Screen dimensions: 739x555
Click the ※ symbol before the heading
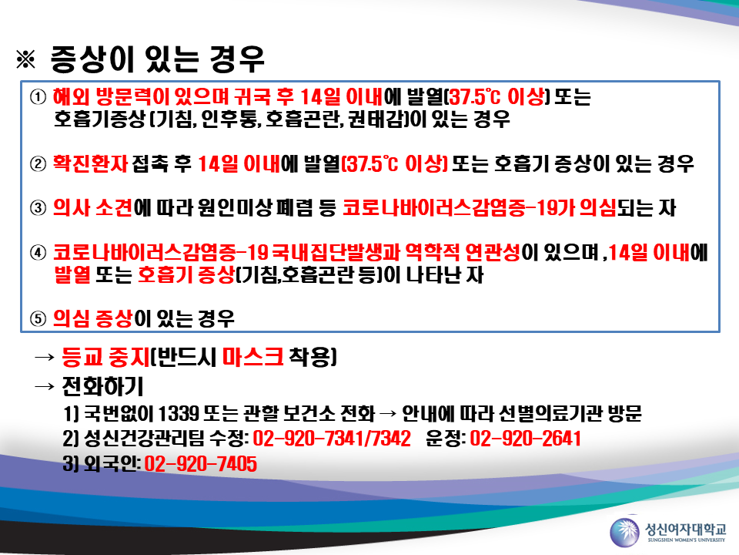[25, 59]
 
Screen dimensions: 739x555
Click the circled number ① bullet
[38, 97]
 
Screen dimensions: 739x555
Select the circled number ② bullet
[38, 163]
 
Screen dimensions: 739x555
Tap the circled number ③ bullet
[38, 207]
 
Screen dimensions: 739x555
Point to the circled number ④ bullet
[38, 253]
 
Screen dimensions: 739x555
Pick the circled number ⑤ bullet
[38, 318]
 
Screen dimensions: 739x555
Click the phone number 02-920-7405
[200, 464]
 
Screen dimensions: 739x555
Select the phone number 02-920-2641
[525, 439]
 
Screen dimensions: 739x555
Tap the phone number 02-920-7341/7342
[332, 439]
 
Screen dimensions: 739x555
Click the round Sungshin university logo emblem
[624, 533]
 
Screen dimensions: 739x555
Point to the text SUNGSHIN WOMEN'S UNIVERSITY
[686, 540]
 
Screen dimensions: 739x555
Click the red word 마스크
[252, 357]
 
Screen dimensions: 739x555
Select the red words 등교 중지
[105, 357]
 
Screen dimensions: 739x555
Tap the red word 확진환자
[90, 163]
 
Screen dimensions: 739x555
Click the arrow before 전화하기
[45, 387]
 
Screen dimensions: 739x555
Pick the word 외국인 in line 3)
[111, 464]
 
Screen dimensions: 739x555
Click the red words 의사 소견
[93, 207]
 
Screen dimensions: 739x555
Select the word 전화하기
[102, 386]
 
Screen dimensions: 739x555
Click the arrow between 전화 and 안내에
[388, 415]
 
